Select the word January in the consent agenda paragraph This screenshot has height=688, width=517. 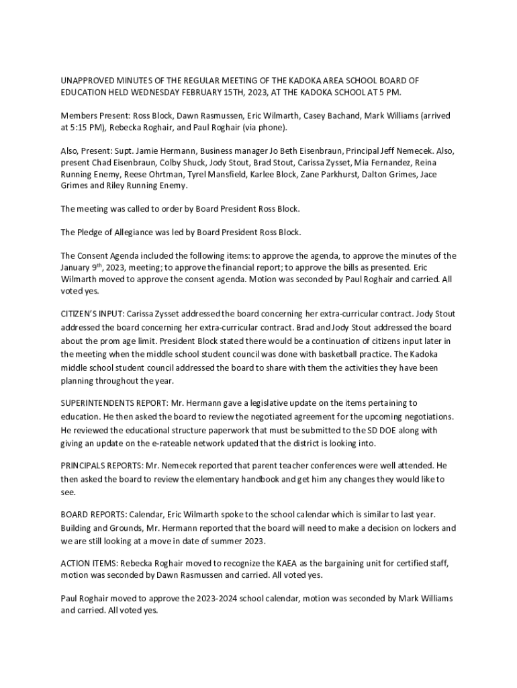point(76,267)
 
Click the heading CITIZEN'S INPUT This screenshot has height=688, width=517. point(91,314)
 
